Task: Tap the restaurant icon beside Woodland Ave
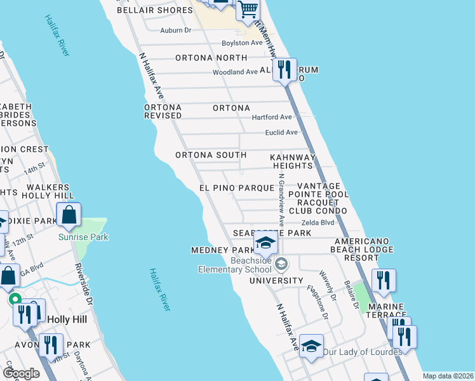(284, 69)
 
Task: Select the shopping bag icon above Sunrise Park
(69, 215)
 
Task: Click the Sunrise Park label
(83, 237)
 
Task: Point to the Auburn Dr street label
(176, 30)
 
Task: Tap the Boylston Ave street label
(242, 43)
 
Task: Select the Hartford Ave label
(272, 117)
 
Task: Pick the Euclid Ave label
(281, 133)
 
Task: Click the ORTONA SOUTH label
(211, 155)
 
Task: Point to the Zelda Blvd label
(318, 223)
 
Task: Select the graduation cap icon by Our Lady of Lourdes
(311, 346)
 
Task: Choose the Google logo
(22, 373)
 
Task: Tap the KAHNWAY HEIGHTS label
(293, 161)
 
